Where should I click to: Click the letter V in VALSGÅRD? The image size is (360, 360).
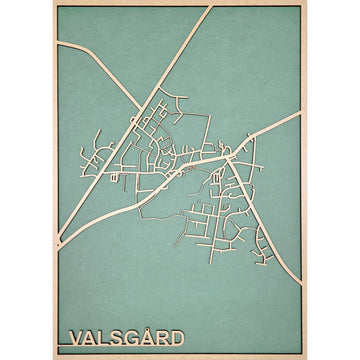click(71, 338)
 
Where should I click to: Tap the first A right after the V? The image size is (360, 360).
click(88, 338)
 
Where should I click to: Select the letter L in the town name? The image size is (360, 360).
click(104, 338)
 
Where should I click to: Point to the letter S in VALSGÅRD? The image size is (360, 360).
click(119, 338)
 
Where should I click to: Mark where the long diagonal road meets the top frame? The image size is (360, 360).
click(211, 8)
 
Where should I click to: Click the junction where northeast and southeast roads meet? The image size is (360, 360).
click(231, 156)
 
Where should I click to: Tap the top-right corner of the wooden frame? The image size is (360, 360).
click(307, 3)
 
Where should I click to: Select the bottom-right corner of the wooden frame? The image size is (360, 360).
click(307, 357)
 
